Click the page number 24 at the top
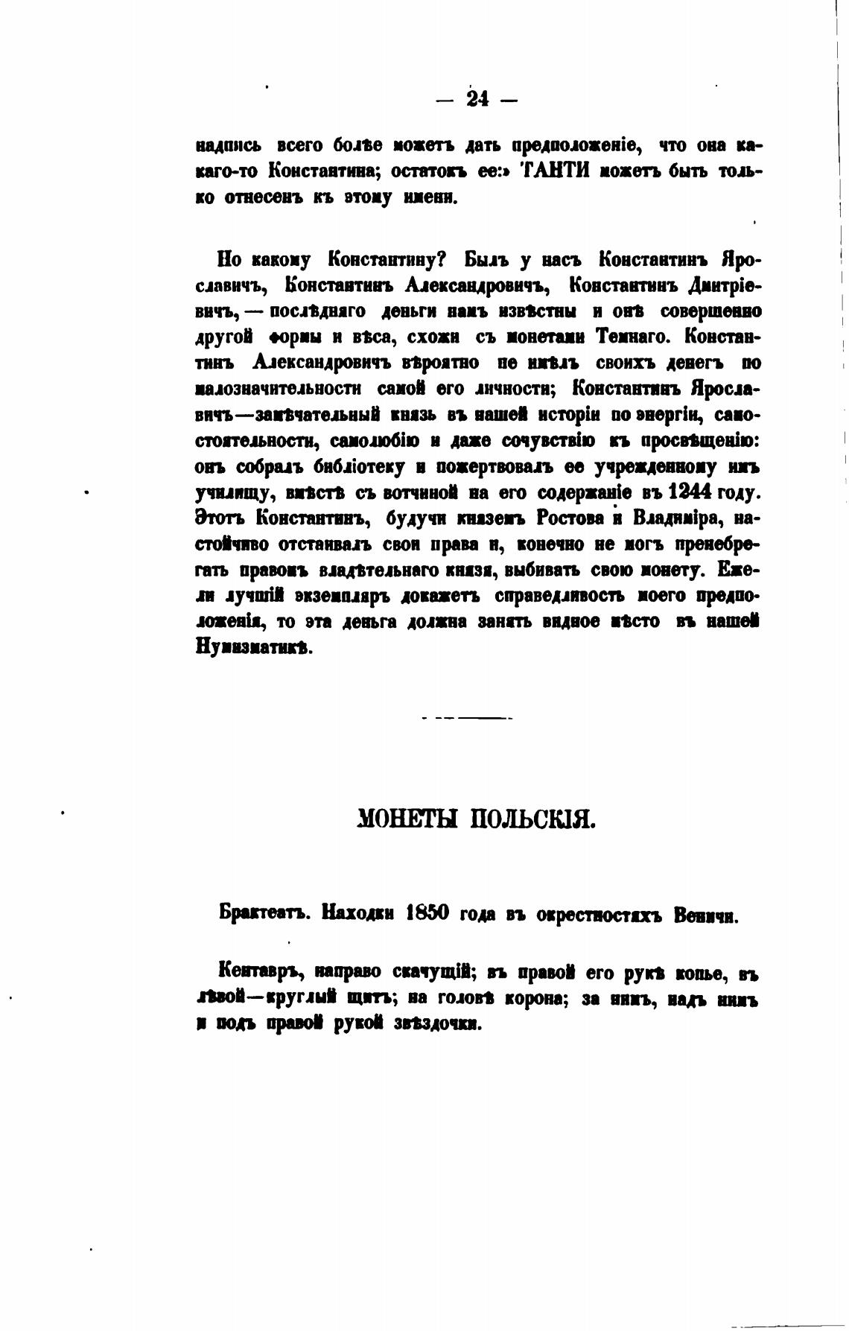click(477, 99)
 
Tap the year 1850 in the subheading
click(428, 912)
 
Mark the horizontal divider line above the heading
click(466, 718)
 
